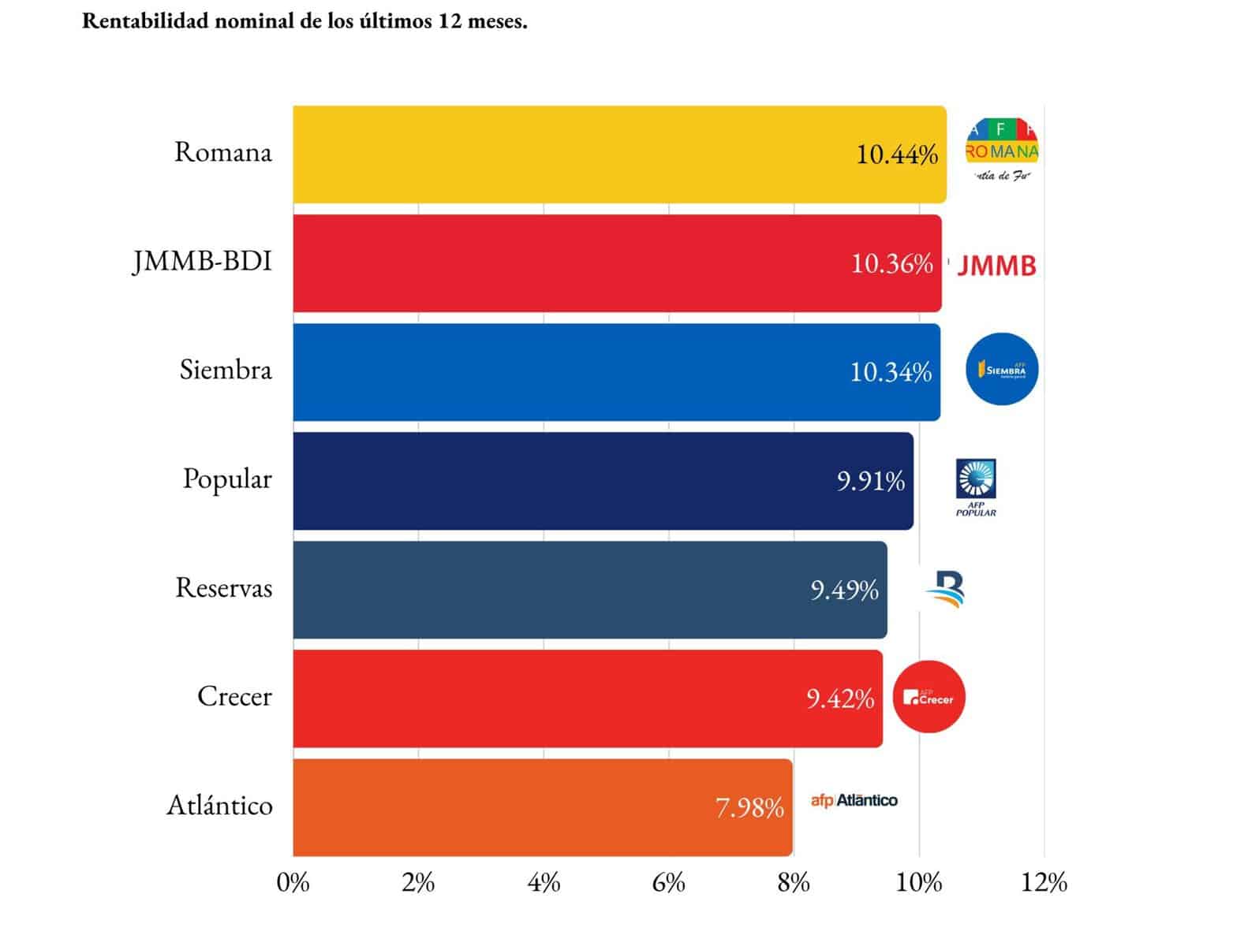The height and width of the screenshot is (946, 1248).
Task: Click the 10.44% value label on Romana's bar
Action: tap(897, 155)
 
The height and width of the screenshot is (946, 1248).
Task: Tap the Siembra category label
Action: tap(226, 370)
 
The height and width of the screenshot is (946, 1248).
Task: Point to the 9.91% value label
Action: tap(870, 481)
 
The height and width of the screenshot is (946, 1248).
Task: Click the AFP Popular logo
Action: tap(976, 487)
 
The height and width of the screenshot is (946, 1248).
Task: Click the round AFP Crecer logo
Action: tap(929, 697)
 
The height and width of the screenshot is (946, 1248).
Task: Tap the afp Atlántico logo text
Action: tap(854, 801)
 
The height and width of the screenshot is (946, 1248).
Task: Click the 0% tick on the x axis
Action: tap(293, 882)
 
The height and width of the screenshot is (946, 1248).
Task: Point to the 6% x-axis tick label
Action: tap(668, 882)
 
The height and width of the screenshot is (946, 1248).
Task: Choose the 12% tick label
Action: tap(1044, 882)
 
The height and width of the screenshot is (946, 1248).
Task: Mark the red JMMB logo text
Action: tap(996, 266)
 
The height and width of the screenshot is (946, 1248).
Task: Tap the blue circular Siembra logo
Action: tap(1002, 369)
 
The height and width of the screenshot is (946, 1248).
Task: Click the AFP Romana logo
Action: tap(1002, 150)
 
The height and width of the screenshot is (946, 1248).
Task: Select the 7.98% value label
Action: tap(749, 808)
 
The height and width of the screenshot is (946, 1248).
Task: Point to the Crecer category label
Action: tap(234, 696)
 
